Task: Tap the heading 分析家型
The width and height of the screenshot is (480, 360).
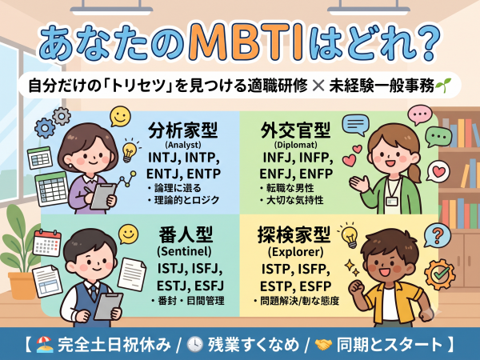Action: [x=182, y=130]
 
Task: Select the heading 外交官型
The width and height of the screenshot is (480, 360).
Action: [x=295, y=130]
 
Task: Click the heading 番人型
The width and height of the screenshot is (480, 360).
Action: [x=186, y=234]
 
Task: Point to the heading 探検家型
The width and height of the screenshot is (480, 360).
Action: [x=294, y=234]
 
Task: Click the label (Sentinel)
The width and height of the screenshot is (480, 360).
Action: [x=184, y=251]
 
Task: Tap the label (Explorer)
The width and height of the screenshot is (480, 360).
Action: [x=295, y=252]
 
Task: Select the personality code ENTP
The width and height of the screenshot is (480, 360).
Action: [x=203, y=174]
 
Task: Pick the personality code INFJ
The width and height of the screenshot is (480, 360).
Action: [x=279, y=158]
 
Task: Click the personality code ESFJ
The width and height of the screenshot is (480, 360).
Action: [x=209, y=286]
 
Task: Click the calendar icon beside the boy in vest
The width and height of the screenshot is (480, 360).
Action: [x=47, y=243]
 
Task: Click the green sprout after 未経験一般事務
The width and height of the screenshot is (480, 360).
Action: [x=443, y=86]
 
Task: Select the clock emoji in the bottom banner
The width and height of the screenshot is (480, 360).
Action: [x=195, y=344]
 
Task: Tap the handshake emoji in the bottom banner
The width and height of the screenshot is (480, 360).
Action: [x=323, y=345]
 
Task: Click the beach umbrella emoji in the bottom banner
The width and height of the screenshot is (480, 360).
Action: [x=45, y=344]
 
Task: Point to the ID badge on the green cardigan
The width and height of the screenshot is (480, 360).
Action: [x=391, y=201]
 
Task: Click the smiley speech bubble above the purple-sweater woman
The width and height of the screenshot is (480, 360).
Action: [x=120, y=116]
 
